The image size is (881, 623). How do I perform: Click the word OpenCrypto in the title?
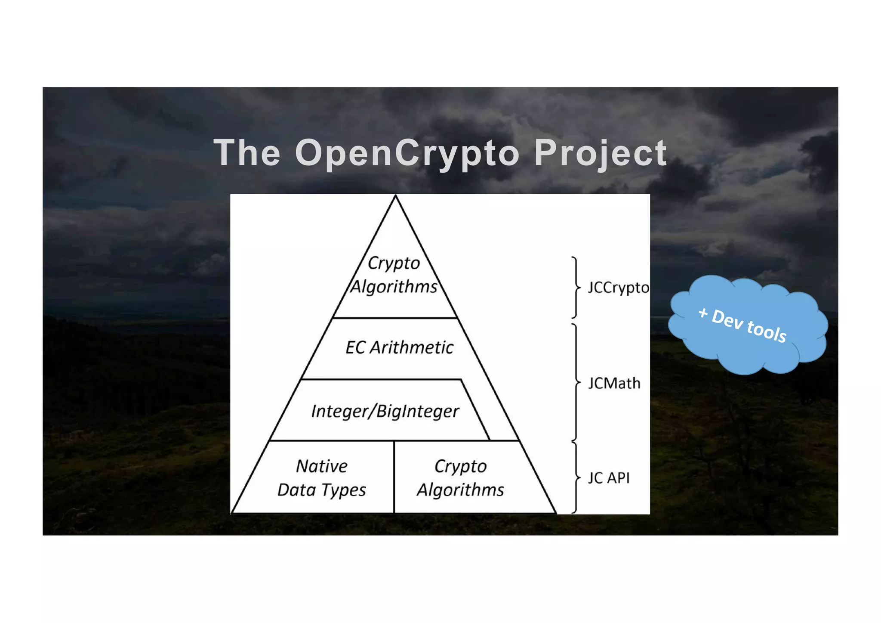click(x=407, y=153)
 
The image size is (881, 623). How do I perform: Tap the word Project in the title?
click(x=601, y=153)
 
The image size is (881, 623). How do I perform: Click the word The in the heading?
click(x=247, y=152)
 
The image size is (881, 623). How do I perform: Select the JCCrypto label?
click(x=618, y=288)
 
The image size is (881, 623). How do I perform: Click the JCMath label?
click(x=614, y=383)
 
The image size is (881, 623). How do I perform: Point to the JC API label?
click(x=608, y=478)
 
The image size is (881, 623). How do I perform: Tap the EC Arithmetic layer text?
click(x=399, y=347)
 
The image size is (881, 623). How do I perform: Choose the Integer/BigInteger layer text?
click(x=385, y=411)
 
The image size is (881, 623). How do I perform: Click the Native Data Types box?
click(x=321, y=478)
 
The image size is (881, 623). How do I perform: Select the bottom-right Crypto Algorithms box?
click(x=460, y=478)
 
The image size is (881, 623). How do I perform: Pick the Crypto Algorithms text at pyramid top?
click(x=394, y=275)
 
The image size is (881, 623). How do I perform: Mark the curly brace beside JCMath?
click(x=576, y=382)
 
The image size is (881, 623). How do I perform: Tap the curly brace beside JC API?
click(x=576, y=477)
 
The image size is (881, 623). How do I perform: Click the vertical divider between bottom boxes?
click(x=394, y=477)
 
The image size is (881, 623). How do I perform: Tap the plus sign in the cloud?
click(x=703, y=313)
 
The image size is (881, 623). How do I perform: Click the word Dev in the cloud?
click(x=727, y=319)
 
